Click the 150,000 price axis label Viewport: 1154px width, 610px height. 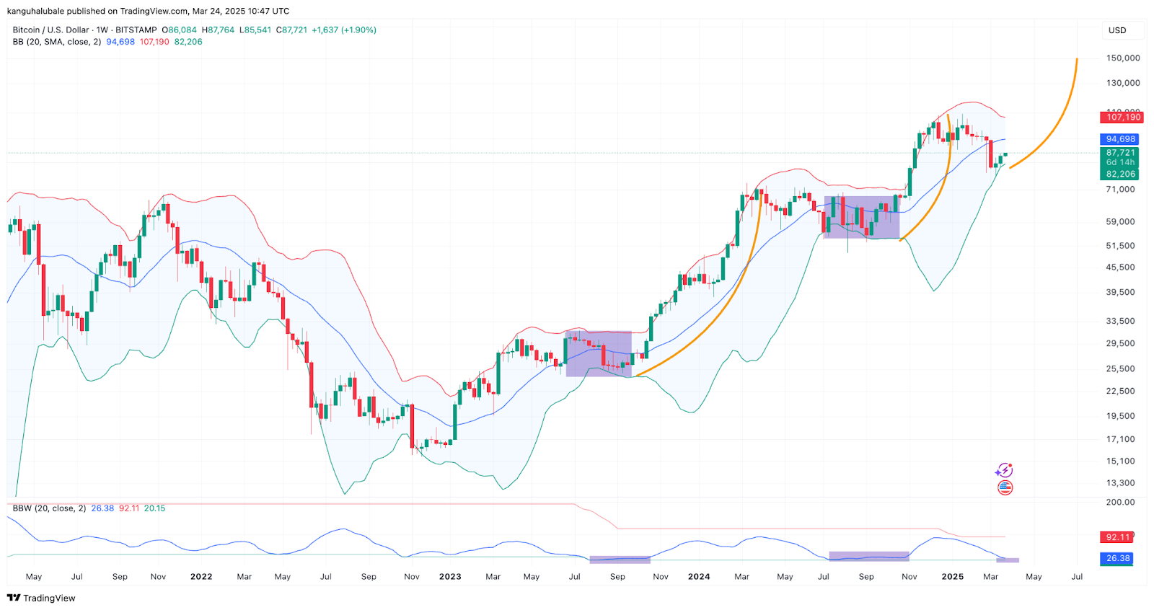coord(1122,58)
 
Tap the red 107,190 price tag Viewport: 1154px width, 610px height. coord(1123,117)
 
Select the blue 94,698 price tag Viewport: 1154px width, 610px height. coord(1120,139)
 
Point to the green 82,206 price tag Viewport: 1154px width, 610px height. coord(1120,174)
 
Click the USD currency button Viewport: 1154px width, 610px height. coord(1117,30)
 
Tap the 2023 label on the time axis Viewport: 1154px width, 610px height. coord(450,576)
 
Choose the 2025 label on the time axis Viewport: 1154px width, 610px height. coord(952,576)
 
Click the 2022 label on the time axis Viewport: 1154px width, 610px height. coord(201,576)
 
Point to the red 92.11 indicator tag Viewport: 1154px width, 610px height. coord(1117,537)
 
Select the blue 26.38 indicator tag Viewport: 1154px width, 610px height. coord(1118,558)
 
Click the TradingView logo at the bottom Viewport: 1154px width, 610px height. coord(41,598)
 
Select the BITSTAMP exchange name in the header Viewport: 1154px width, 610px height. coord(136,30)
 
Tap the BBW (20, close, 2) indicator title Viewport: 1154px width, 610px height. coord(49,508)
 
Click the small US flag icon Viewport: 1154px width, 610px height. coord(1005,488)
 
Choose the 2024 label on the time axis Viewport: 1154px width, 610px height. coord(698,576)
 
